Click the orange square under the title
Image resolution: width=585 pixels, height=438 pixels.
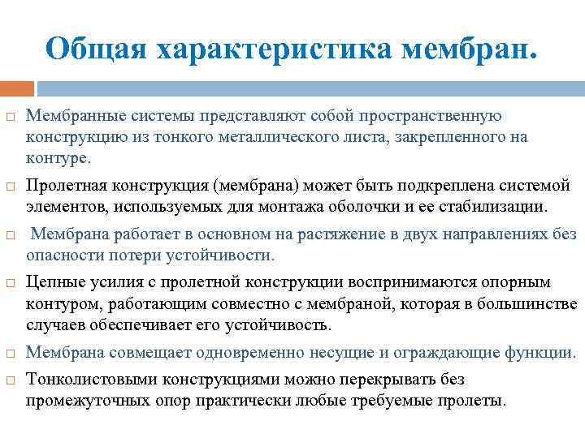pos(17,88)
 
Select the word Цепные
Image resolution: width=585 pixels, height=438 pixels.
pos(53,283)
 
